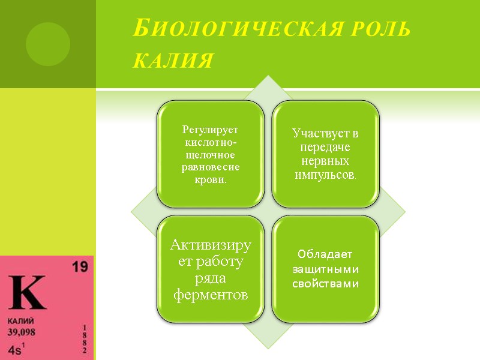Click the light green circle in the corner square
pos(48,44)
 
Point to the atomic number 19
pos(79,268)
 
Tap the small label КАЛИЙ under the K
pos(20,321)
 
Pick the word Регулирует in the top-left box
pos(210,130)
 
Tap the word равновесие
pos(210,167)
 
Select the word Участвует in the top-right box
pos(325,134)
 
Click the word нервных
pos(325,161)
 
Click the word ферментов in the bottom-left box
pos(209,295)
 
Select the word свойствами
pos(325,284)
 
